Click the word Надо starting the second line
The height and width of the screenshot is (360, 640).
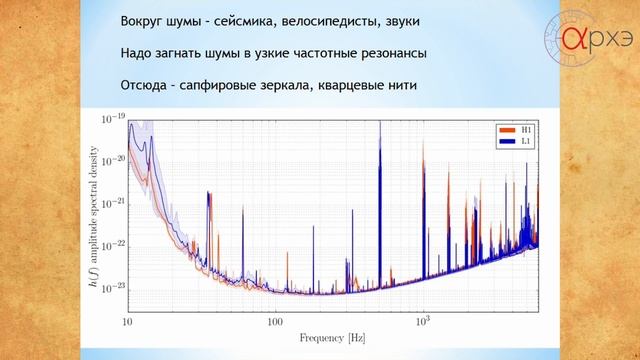coord(136,53)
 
